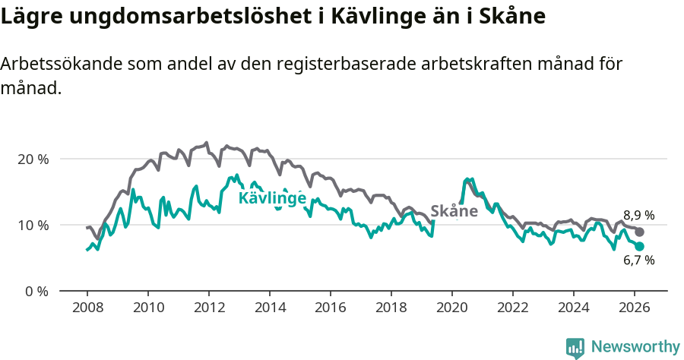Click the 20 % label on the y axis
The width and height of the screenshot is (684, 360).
click(x=32, y=159)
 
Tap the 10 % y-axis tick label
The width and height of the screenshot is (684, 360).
click(x=32, y=225)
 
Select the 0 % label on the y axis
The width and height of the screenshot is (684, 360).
click(x=36, y=291)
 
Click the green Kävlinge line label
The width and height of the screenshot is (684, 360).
click(x=272, y=199)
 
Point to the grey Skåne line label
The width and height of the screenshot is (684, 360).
click(x=454, y=211)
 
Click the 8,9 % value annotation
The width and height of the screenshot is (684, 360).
click(x=638, y=215)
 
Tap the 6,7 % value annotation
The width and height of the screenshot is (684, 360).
click(x=638, y=261)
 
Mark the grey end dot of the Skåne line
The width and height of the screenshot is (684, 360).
click(x=640, y=232)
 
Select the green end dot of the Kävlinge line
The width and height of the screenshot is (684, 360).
click(x=640, y=247)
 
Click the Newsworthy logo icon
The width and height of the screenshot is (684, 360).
click(x=575, y=347)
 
